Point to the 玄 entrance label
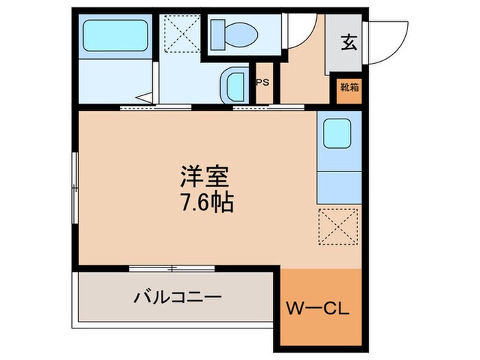(x=348, y=43)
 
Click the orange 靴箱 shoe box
(x=349, y=88)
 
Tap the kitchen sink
(x=337, y=132)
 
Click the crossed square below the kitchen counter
(x=339, y=226)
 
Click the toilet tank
(x=217, y=31)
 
